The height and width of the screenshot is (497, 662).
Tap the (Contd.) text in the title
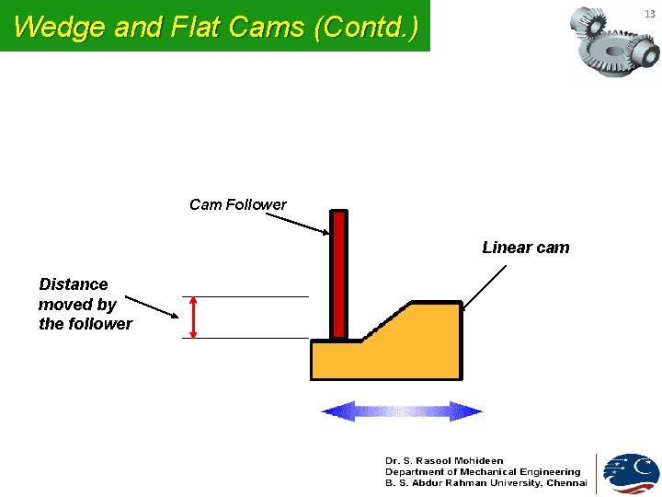tap(366, 27)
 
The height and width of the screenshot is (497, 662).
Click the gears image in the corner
tap(612, 42)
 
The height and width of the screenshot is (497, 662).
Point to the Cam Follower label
tap(237, 204)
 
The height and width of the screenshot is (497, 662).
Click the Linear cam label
tap(525, 248)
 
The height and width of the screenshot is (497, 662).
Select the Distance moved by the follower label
tap(85, 305)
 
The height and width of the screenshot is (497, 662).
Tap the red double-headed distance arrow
tap(193, 318)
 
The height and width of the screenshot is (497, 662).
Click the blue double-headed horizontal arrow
tap(402, 411)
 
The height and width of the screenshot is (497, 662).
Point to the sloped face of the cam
tap(387, 321)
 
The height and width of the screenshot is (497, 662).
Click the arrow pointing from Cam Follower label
tap(303, 222)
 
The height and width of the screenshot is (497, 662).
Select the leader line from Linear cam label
tap(485, 286)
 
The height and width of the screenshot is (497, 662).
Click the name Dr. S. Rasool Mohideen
tap(444, 460)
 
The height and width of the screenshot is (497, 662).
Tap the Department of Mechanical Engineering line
tap(483, 471)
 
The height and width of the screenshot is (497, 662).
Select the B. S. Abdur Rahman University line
tap(485, 483)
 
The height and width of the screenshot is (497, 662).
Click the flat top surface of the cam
tap(435, 303)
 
